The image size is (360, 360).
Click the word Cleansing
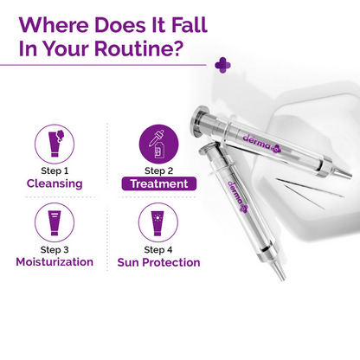click(54, 183)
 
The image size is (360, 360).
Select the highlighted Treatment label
click(157, 183)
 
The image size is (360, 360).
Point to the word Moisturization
click(55, 262)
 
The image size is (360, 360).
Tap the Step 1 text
click(54, 170)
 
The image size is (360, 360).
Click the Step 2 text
click(157, 170)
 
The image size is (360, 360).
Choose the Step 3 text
click(54, 249)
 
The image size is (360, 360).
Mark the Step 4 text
click(157, 249)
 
